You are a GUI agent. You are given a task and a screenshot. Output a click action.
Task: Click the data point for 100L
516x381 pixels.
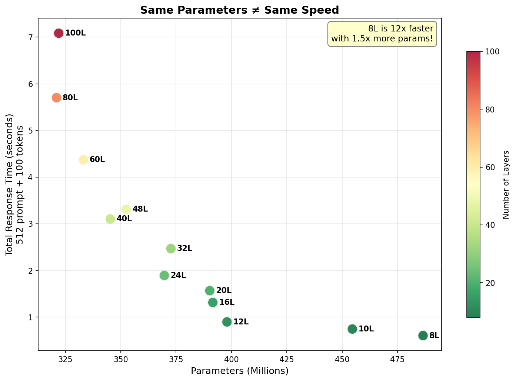(x=59, y=33)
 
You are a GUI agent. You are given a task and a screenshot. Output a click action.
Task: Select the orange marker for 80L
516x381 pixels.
(x=56, y=98)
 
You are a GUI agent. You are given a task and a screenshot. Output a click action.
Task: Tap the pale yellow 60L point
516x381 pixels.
(x=83, y=159)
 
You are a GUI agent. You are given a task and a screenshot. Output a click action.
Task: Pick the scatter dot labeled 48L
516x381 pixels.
(x=126, y=209)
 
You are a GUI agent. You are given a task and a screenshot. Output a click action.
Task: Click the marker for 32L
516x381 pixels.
(x=171, y=248)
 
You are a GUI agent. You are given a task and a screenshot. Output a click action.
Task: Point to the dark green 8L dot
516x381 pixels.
(x=423, y=336)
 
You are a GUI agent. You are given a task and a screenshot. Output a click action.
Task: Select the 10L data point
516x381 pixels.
(x=352, y=329)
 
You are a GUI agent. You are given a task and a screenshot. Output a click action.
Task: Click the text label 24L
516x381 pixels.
(x=178, y=275)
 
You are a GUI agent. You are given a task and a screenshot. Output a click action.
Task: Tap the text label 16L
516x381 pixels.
(x=227, y=302)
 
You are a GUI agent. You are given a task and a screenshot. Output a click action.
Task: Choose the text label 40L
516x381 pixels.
(x=124, y=219)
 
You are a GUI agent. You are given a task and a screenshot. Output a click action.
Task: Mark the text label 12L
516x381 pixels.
(x=241, y=322)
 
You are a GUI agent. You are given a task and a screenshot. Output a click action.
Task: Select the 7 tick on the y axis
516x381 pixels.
(x=31, y=37)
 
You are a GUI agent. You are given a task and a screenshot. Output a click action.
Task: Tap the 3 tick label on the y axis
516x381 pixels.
(x=31, y=224)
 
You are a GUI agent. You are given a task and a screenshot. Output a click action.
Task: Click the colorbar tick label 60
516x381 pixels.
(x=490, y=167)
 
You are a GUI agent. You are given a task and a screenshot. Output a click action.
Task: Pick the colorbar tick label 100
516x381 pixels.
(x=492, y=51)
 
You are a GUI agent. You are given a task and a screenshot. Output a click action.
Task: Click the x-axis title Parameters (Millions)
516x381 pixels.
(x=240, y=371)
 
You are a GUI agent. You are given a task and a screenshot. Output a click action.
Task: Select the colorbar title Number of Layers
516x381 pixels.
(x=506, y=185)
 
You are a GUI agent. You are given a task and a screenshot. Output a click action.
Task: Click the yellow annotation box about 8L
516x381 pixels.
(x=382, y=34)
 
